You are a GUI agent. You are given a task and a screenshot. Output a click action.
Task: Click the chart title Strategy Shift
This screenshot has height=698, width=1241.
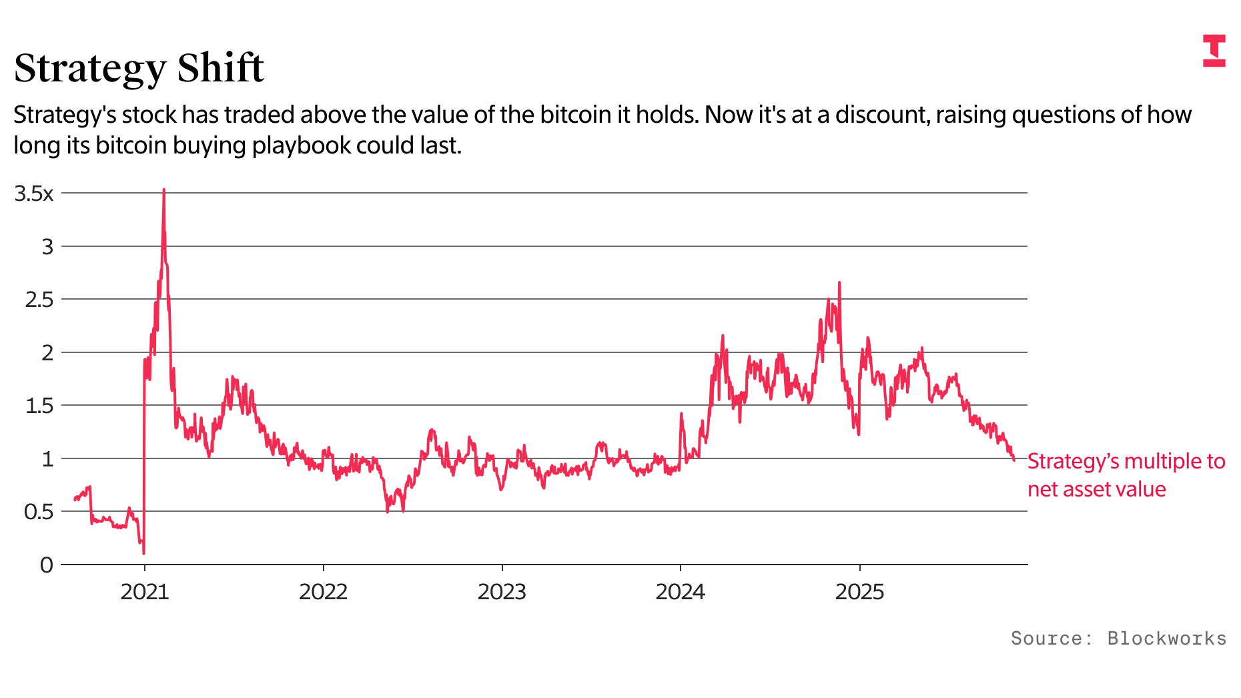(x=139, y=68)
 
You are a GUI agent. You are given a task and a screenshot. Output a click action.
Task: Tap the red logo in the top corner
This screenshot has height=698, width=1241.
(x=1214, y=51)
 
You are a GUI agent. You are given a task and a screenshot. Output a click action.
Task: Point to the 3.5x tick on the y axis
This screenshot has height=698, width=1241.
(x=34, y=194)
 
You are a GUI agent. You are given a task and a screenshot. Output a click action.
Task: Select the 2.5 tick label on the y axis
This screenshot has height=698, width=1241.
(x=39, y=300)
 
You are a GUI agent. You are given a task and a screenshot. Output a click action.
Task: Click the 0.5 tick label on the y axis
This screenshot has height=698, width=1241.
(x=39, y=512)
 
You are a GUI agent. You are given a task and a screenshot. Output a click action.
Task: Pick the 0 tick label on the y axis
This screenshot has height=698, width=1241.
(x=47, y=565)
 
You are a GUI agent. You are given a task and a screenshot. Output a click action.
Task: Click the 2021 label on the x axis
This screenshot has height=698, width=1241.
(x=145, y=592)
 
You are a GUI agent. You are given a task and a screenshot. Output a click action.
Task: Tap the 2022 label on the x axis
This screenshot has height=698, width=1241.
(x=324, y=592)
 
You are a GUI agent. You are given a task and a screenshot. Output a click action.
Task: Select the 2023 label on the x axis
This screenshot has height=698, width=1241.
(x=502, y=592)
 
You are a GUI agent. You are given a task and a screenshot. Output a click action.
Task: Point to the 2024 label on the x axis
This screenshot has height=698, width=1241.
(x=681, y=592)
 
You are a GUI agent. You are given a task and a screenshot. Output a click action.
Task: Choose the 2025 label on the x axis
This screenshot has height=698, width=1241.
(x=859, y=592)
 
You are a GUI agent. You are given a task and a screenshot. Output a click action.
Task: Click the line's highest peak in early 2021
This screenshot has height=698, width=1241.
(x=163, y=190)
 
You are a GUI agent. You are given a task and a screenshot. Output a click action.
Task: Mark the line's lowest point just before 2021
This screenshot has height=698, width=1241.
(x=143, y=553)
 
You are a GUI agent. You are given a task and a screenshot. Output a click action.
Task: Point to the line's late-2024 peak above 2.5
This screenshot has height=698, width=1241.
(x=839, y=283)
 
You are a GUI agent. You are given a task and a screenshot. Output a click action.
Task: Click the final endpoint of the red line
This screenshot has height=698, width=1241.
(x=1014, y=460)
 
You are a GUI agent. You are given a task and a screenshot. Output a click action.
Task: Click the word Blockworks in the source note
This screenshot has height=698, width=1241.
(x=1167, y=639)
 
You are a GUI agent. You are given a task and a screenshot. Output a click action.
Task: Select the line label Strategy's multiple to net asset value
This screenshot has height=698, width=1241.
(x=1126, y=475)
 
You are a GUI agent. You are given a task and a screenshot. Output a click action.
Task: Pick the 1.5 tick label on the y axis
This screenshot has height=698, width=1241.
(x=39, y=406)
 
